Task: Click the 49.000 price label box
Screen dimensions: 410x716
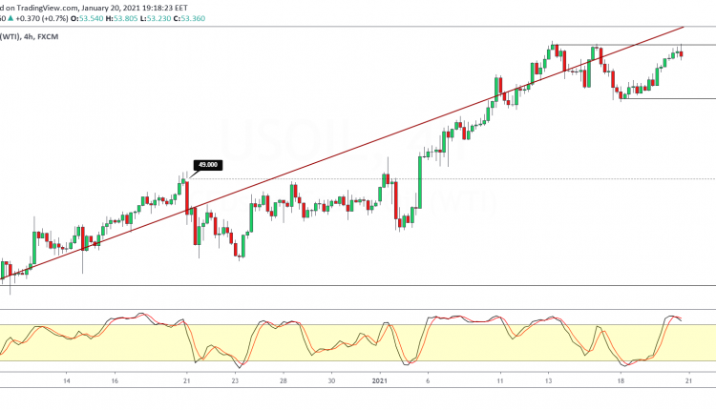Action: [207, 165]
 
